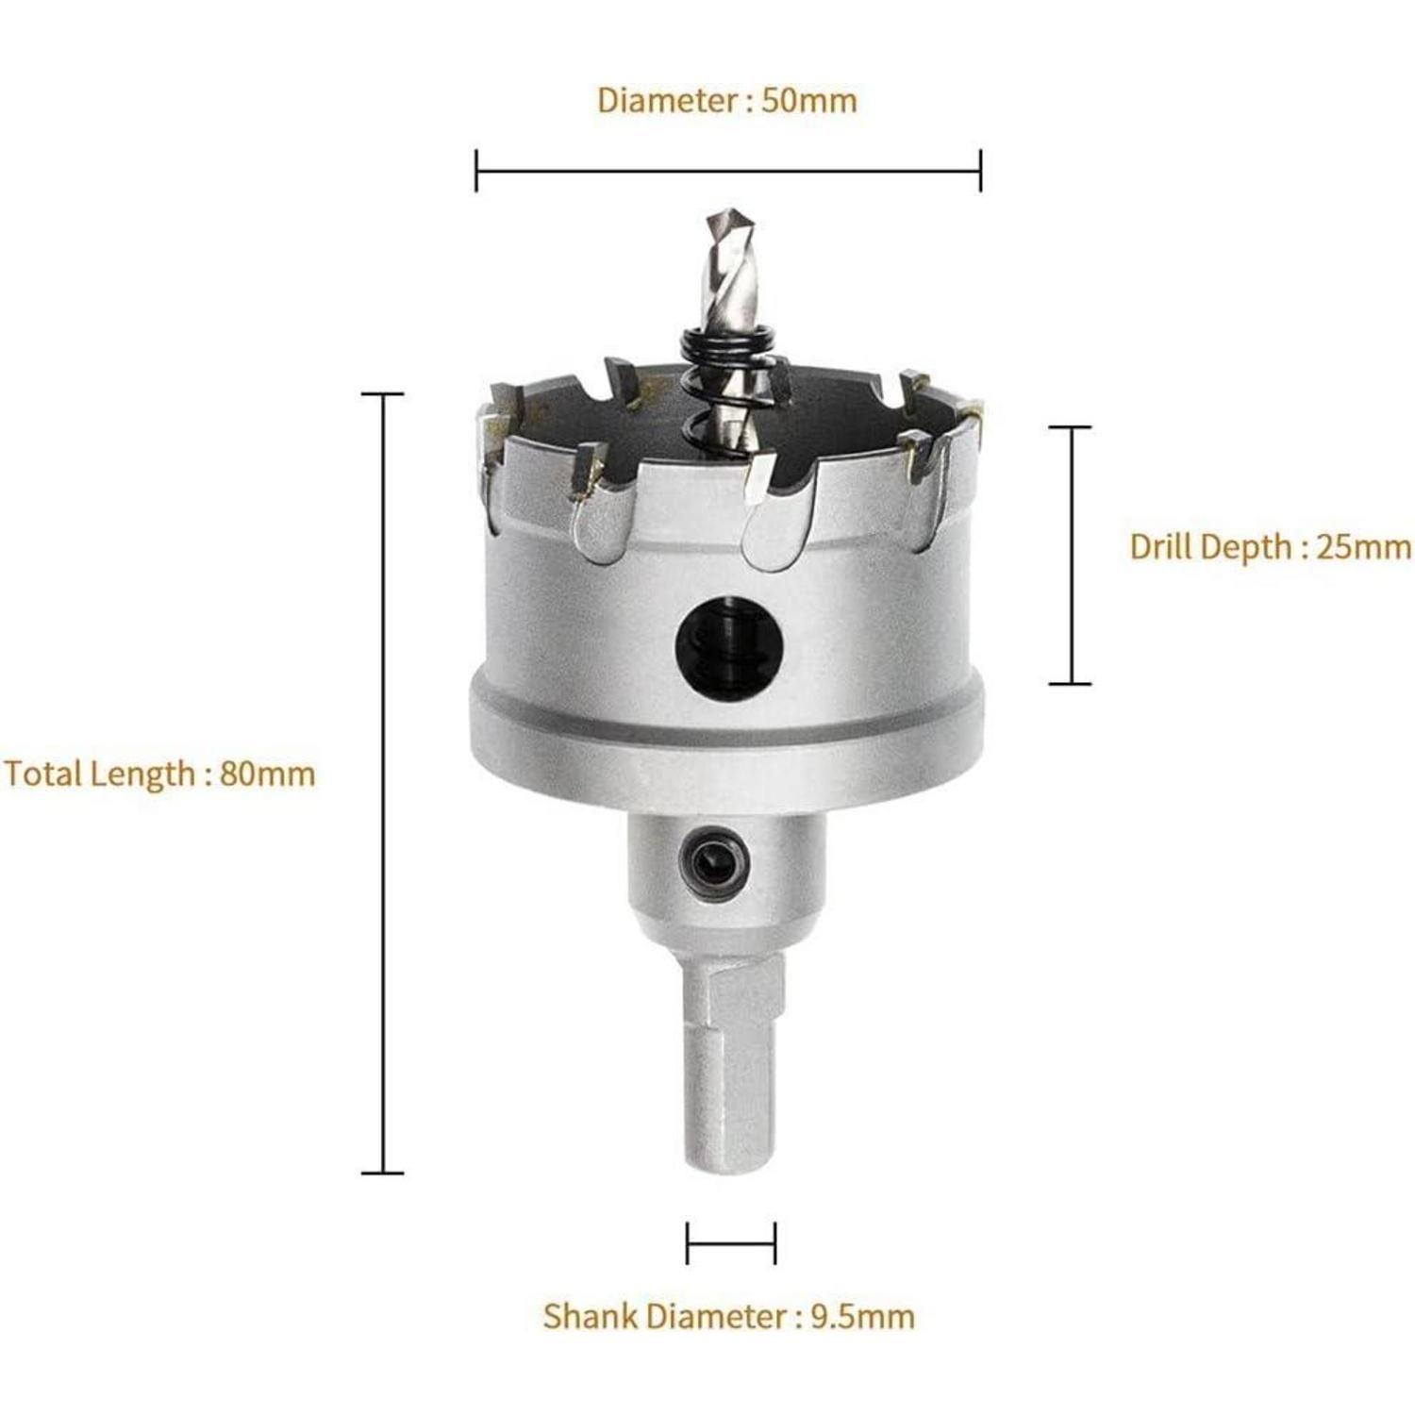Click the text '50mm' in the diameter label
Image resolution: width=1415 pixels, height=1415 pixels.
[x=809, y=100]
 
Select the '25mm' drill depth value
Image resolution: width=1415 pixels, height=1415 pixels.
[x=1364, y=546]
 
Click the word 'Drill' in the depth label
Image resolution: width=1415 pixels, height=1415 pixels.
[x=1161, y=546]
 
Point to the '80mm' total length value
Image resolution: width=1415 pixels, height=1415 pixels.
[x=268, y=774]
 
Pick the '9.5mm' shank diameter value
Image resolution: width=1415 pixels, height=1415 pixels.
[x=863, y=1316]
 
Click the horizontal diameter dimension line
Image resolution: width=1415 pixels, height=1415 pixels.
[x=728, y=171]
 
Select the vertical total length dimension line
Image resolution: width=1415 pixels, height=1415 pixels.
[x=383, y=783]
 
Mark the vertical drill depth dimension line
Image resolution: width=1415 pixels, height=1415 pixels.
[x=1071, y=555]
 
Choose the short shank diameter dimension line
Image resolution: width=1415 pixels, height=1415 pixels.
[x=731, y=1242]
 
